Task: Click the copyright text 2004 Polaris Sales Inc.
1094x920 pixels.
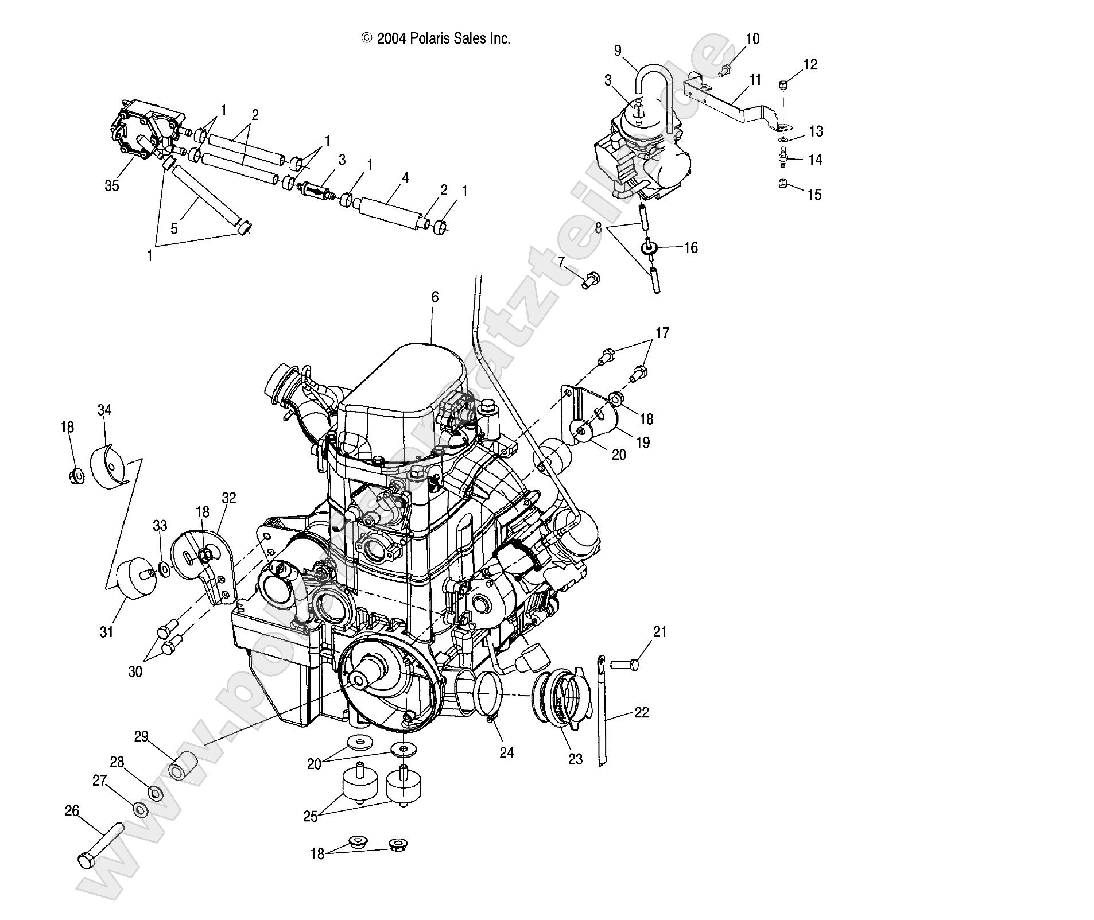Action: pos(435,38)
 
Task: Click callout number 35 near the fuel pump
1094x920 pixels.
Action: pos(112,185)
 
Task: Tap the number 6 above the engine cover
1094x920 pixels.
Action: pos(435,297)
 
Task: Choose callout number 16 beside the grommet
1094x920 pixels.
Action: pos(690,247)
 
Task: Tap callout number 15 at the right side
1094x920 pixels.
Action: pos(814,195)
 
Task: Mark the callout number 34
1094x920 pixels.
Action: pos(104,410)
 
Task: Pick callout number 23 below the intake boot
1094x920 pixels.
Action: pos(575,759)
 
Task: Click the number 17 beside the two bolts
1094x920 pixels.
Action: pos(662,333)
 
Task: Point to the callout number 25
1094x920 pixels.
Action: pos(311,816)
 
